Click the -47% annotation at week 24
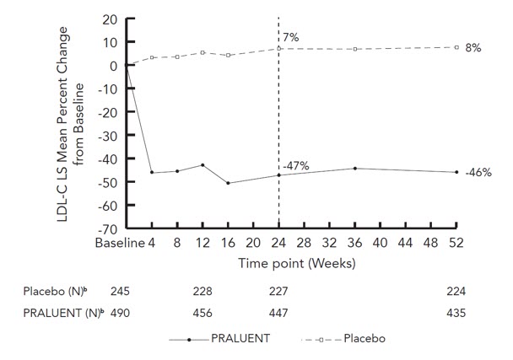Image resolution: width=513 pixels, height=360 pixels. click(296, 166)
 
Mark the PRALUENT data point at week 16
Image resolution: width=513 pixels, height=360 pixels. click(228, 183)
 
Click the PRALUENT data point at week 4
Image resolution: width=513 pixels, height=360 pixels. click(152, 172)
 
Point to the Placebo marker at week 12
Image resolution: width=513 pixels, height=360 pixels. click(202, 52)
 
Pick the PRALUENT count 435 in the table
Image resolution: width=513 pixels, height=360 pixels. click(456, 312)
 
